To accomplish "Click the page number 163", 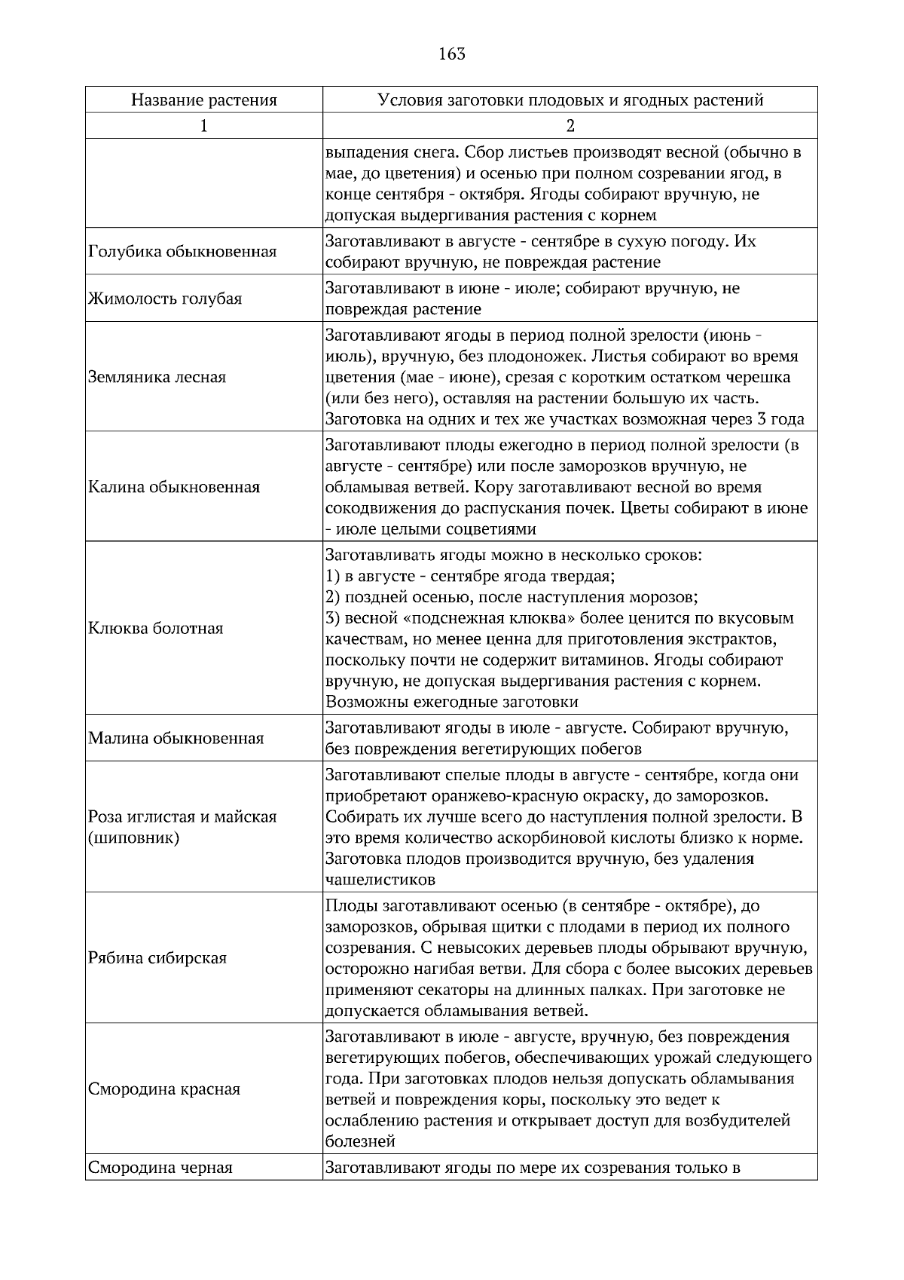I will [451, 54].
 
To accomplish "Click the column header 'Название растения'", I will [204, 100].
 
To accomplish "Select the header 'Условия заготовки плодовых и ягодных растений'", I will [570, 100].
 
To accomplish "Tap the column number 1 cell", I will [204, 126].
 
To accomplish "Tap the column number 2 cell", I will [570, 126].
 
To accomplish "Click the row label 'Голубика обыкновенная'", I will [182, 252].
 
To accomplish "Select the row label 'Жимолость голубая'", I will [165, 299].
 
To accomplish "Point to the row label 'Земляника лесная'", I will [157, 377].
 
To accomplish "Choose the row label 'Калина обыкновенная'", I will [174, 487].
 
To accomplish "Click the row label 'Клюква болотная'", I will [156, 629].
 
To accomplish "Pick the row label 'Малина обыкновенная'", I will [176, 739].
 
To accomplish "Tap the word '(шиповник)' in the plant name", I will [134, 838].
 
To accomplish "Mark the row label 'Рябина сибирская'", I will [157, 958].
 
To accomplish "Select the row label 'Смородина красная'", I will [164, 1089].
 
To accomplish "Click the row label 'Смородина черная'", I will [160, 1168].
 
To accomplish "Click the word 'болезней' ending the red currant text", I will [360, 1142].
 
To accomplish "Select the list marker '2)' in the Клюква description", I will [334, 598].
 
